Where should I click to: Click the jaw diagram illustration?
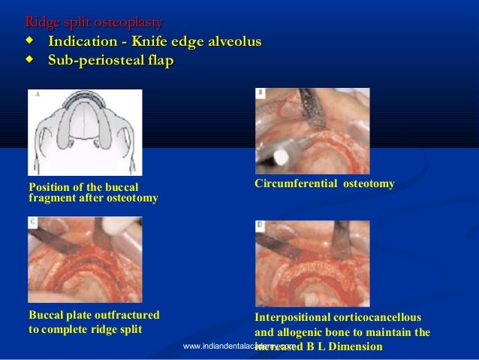tap(85, 132)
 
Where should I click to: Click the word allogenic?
tap(303, 332)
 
